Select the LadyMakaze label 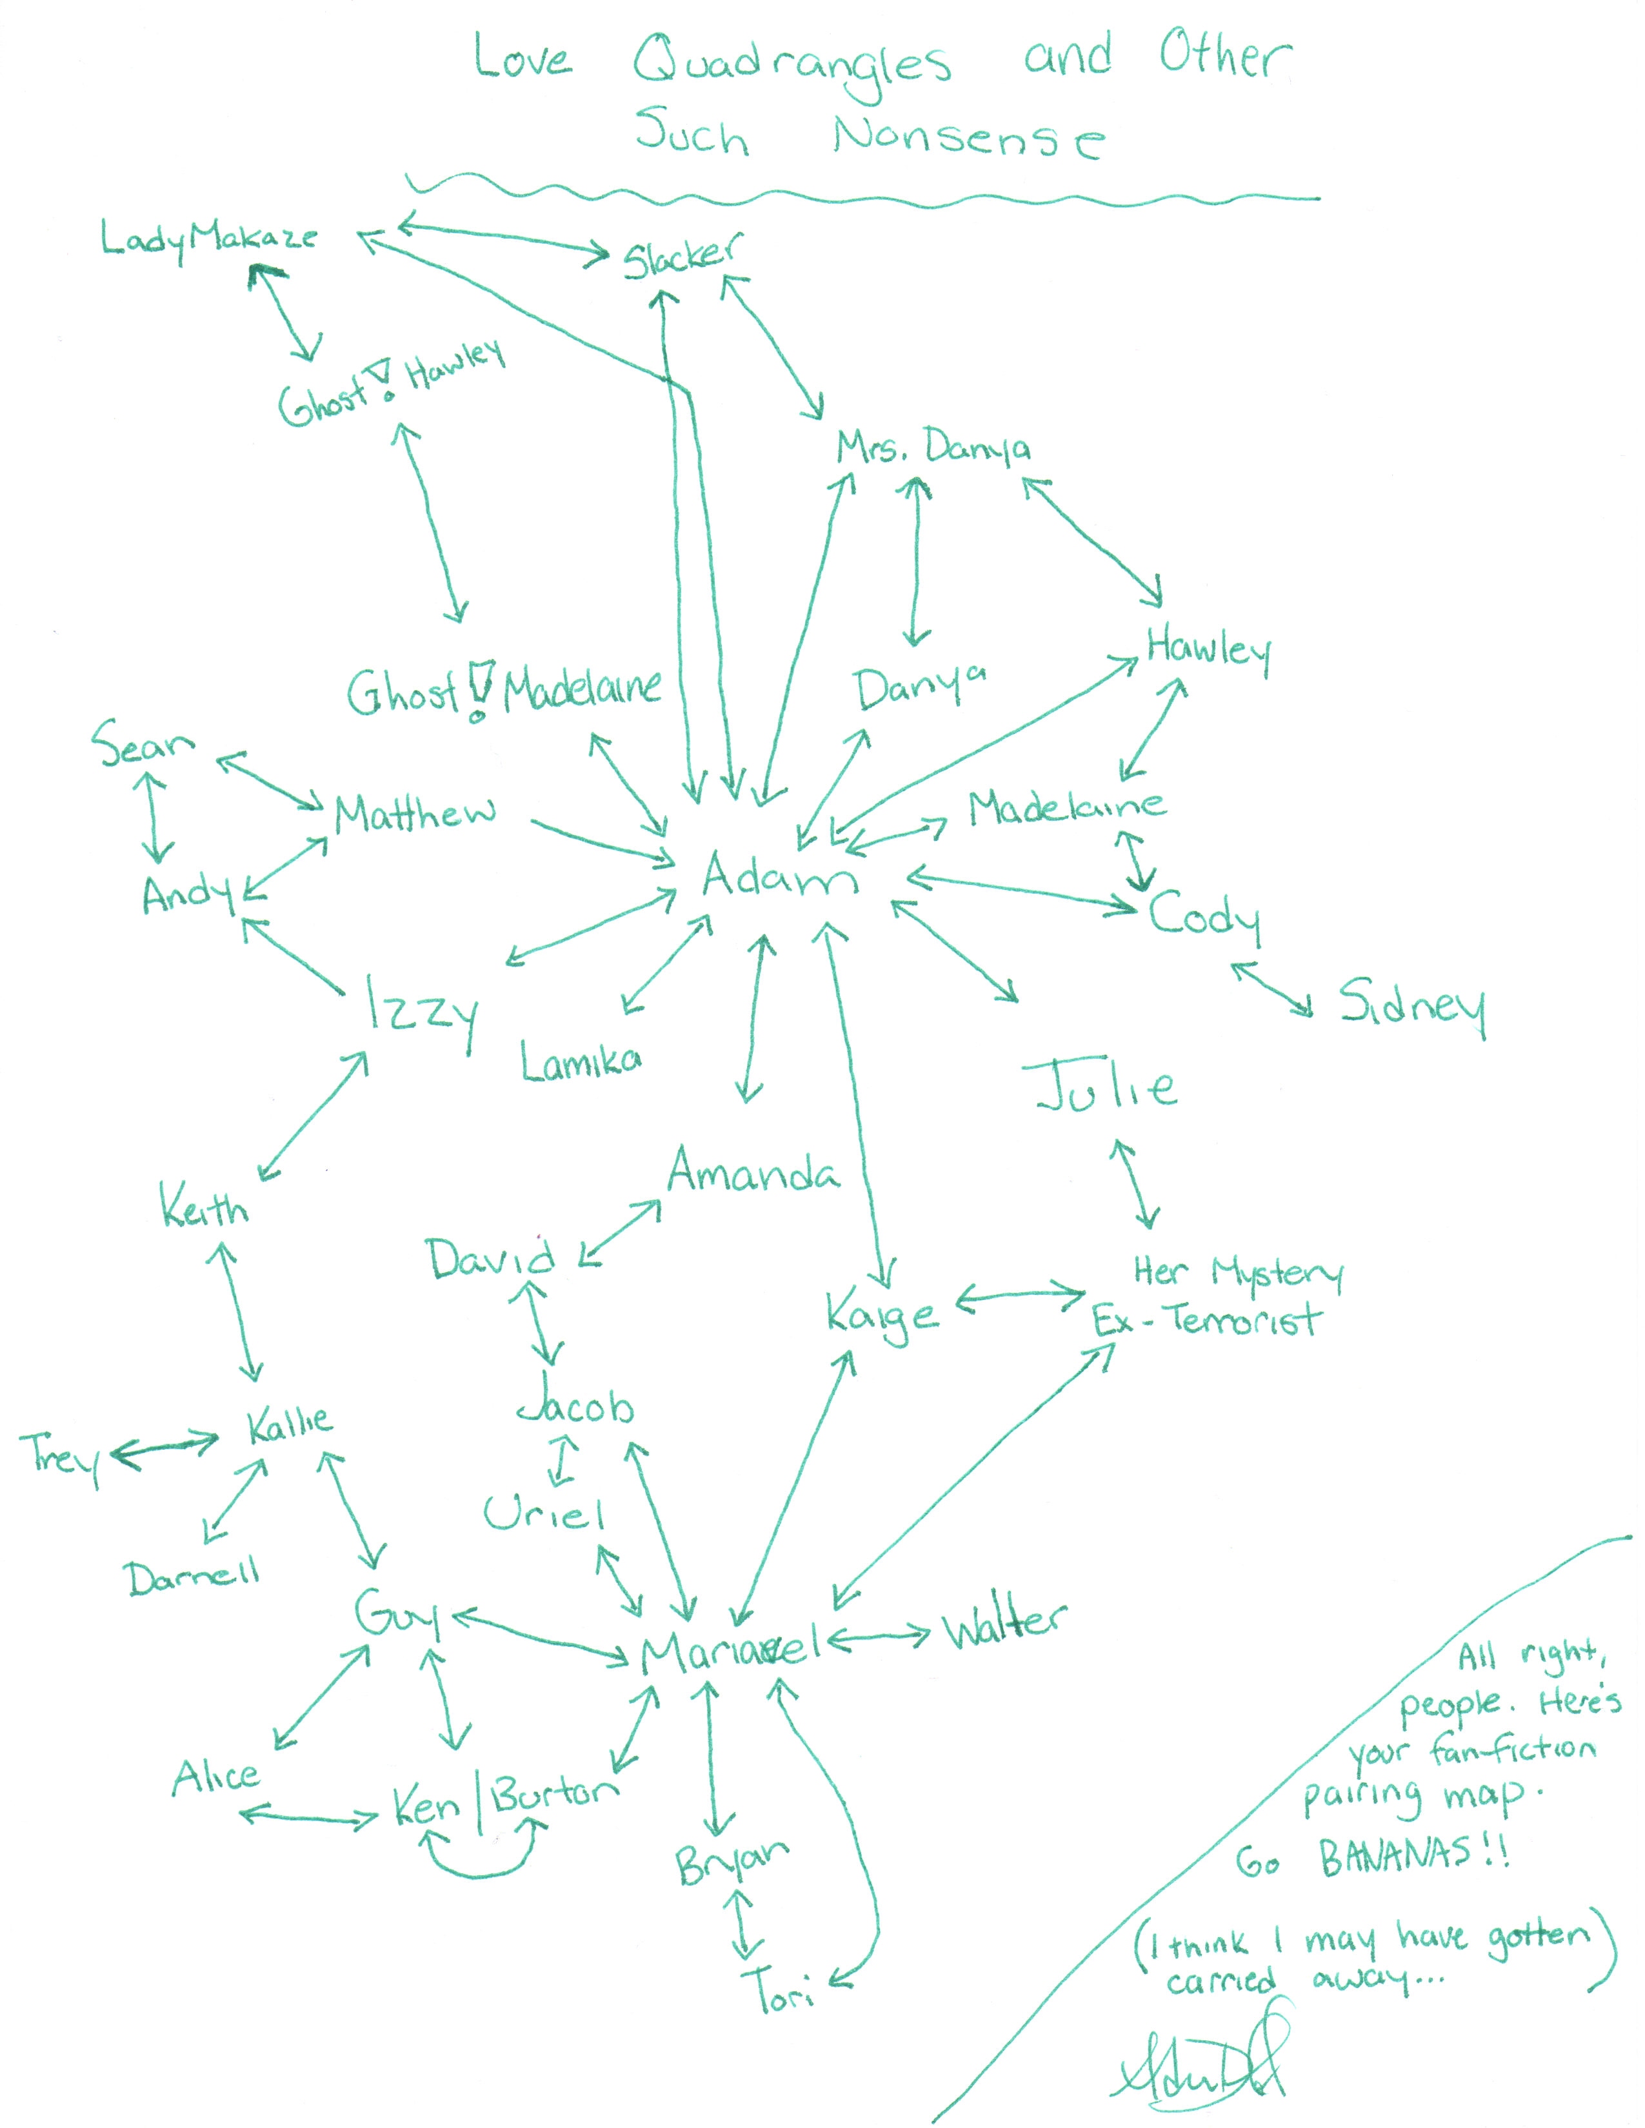tap(210, 239)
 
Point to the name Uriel tap(544, 1513)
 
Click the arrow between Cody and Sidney tap(1271, 990)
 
